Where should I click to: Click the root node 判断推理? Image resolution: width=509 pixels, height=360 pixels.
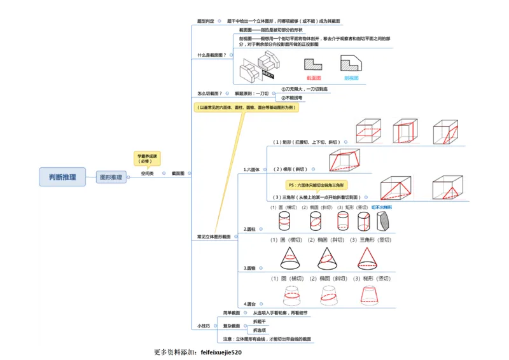[x=62, y=177]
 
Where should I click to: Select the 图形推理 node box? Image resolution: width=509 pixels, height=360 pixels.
[x=111, y=177]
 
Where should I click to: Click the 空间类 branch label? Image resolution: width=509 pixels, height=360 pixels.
[x=148, y=173]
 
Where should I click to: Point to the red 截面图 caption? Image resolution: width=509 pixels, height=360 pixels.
[x=314, y=78]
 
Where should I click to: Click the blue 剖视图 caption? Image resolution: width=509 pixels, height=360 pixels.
[x=351, y=78]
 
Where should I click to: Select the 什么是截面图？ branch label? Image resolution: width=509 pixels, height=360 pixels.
[x=212, y=55]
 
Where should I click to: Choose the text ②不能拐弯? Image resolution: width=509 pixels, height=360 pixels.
[x=293, y=98]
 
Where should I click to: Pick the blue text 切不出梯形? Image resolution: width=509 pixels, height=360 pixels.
[x=382, y=207]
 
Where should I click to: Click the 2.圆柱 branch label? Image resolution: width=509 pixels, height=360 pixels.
[x=249, y=229]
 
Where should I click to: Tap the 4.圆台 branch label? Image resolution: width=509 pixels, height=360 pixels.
[x=249, y=304]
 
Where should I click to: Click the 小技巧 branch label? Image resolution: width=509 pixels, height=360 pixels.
[x=204, y=326]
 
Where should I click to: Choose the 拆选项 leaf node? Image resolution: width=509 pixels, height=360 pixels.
[x=260, y=330]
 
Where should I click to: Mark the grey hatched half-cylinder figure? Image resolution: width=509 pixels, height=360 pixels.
[x=384, y=221]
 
